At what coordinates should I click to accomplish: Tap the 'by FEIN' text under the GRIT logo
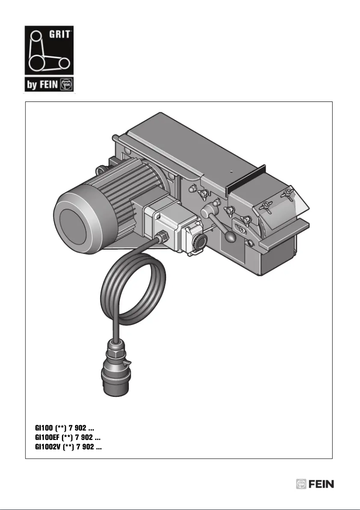(41, 84)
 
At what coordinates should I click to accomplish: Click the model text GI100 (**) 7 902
(64, 429)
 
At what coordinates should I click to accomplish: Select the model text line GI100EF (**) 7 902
(67, 438)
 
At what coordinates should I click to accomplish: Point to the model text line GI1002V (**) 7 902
(68, 447)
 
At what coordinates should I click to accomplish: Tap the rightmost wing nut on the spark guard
(287, 194)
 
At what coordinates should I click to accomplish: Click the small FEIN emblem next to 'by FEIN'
(66, 84)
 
